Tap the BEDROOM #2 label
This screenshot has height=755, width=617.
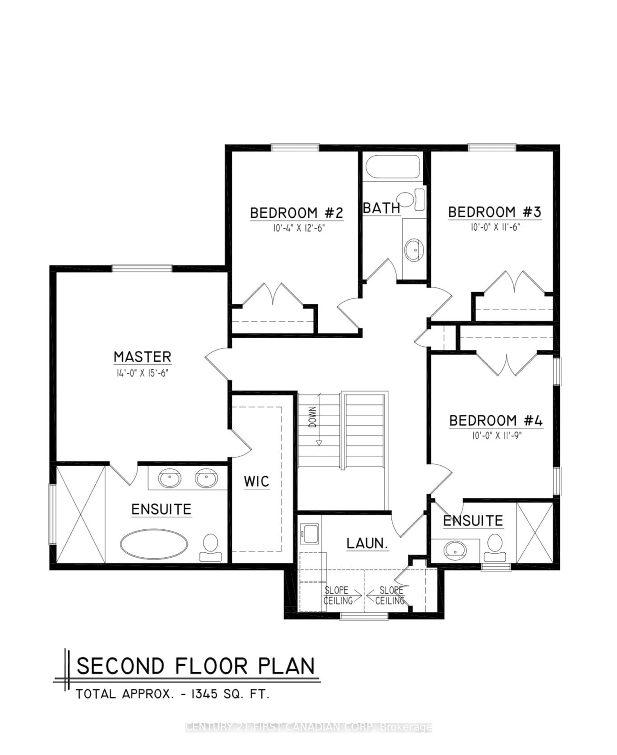296,213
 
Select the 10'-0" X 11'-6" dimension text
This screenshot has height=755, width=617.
495,227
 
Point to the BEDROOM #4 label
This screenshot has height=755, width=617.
496,421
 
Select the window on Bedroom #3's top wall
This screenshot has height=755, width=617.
492,147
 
